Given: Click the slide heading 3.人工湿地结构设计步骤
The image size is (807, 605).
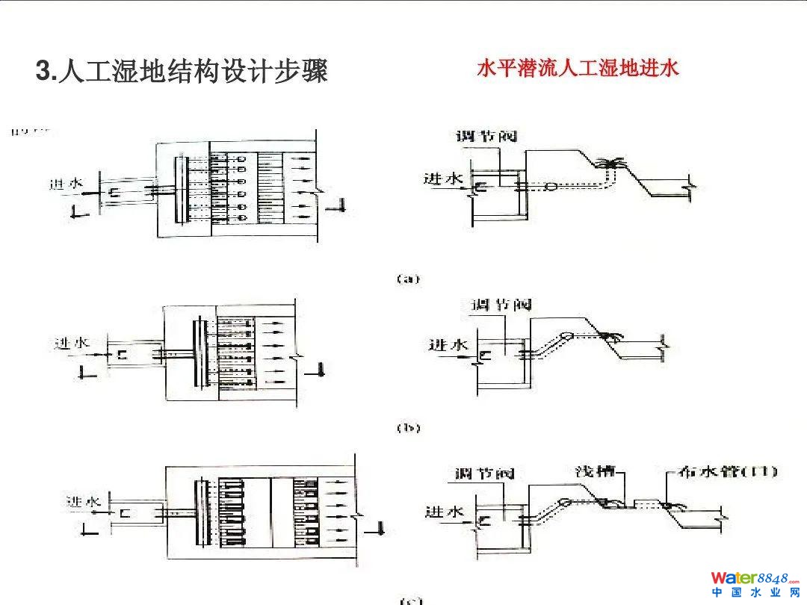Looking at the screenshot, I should (x=182, y=72).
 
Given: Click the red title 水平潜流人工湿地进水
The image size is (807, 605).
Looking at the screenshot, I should (x=578, y=69).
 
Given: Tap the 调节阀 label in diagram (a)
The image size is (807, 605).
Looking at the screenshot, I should (x=486, y=137).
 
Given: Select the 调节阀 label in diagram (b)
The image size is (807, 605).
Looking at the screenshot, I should (x=501, y=305).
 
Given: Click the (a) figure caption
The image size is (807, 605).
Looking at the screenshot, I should (x=408, y=279).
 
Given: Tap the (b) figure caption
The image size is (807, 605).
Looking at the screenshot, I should (x=408, y=428).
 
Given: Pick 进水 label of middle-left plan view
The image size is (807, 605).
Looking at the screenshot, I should (x=72, y=343).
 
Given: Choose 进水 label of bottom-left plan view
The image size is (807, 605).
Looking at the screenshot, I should (x=82, y=501).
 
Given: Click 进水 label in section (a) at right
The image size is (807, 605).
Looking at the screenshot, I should (x=444, y=179).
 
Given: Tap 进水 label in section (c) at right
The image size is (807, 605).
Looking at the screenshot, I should (x=445, y=512).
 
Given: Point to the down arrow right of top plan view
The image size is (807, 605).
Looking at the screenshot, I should (x=340, y=205).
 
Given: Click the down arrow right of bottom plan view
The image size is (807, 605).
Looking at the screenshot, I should (x=380, y=527).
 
